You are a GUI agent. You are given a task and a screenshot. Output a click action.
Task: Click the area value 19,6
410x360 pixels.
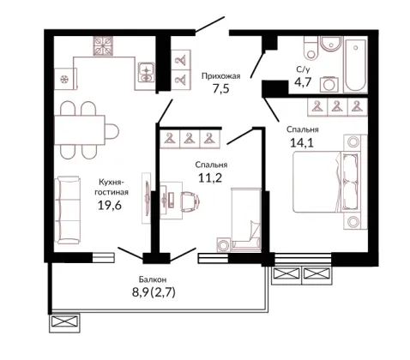click(110, 205)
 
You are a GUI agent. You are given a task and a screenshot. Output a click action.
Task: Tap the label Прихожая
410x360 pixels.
click(221, 76)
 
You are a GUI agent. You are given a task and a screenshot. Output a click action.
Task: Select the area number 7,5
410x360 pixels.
click(220, 88)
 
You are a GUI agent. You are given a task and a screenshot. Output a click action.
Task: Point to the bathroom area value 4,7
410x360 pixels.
click(303, 81)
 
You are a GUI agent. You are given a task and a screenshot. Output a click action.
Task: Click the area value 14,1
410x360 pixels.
click(302, 142)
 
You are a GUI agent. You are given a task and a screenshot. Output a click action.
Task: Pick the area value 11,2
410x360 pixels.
click(210, 178)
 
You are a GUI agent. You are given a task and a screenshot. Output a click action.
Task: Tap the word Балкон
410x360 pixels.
click(153, 279)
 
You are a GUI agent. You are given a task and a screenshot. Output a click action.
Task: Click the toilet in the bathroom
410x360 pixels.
click(311, 47)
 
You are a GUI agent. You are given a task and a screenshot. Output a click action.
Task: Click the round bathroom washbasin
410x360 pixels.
click(330, 45)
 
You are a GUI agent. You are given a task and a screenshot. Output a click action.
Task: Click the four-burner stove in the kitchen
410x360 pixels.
click(102, 45)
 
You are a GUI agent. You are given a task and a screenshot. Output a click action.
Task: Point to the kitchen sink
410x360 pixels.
click(146, 73)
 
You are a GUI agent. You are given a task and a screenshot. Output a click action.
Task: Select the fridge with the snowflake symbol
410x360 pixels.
click(65, 79)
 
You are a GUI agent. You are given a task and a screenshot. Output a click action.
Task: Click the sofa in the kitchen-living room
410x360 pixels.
click(68, 210)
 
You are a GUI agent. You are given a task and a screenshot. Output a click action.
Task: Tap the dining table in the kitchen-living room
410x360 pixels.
click(80, 130)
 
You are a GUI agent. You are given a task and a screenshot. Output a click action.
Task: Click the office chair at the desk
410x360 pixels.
click(190, 201)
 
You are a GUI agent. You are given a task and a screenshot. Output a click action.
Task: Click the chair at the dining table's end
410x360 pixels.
click(112, 131)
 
